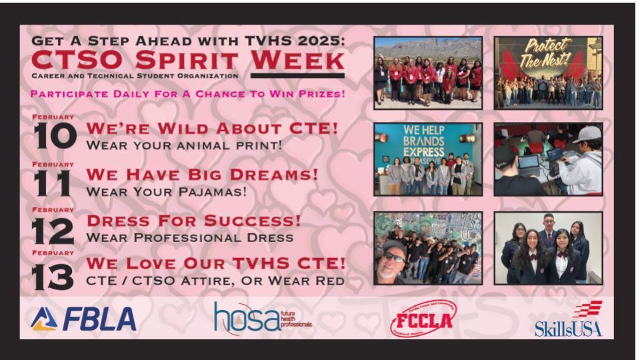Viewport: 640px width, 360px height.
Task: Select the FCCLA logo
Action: coord(419,319)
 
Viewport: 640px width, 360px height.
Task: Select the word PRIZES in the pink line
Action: coord(320,93)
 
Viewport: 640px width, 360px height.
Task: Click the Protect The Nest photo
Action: coord(548,73)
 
